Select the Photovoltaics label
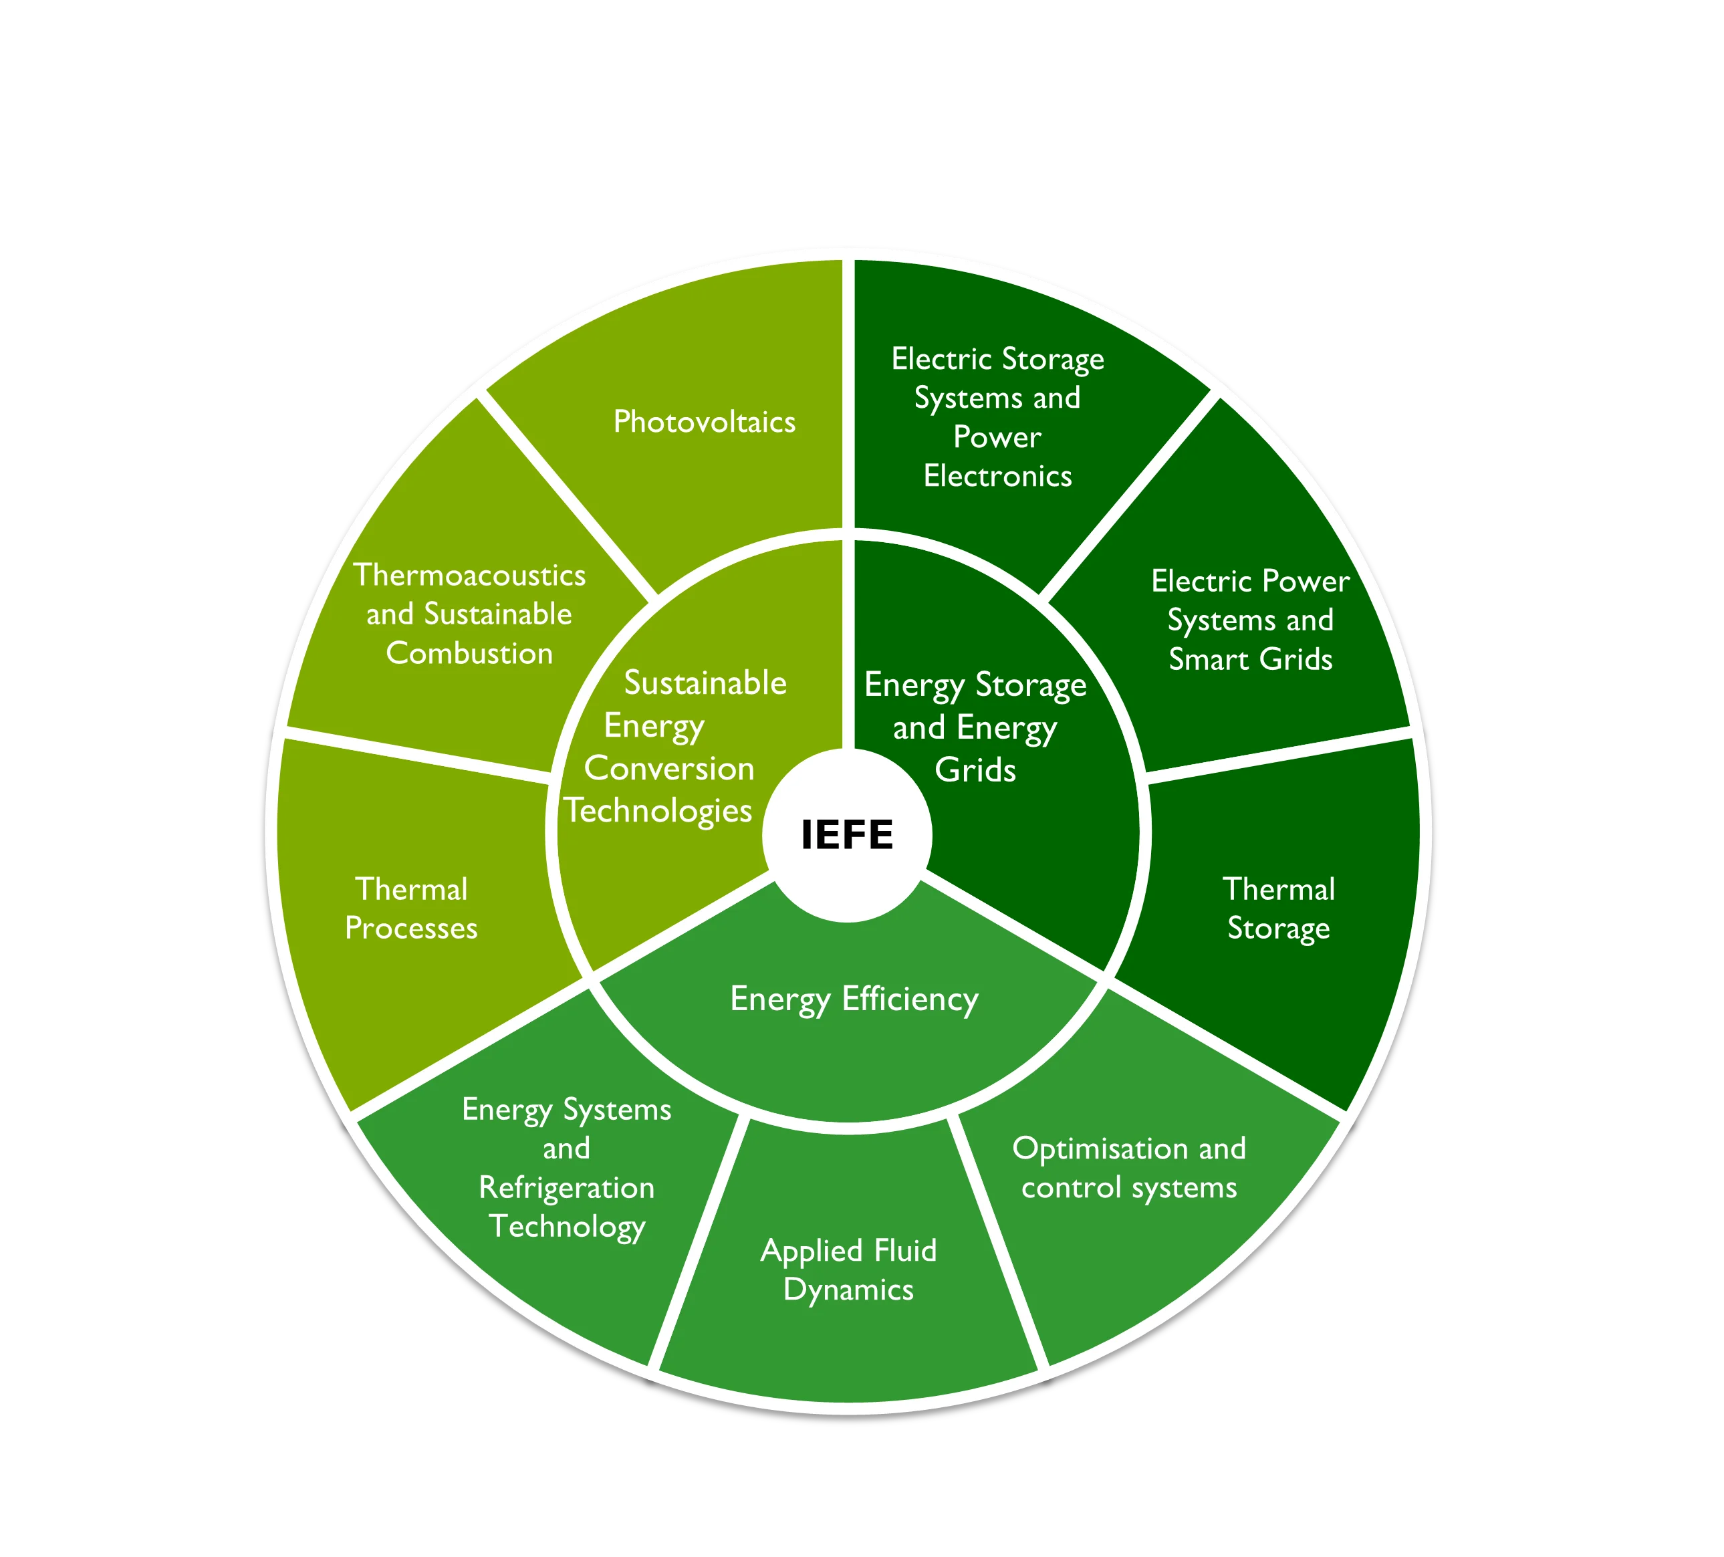click(x=704, y=422)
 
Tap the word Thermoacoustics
click(x=469, y=574)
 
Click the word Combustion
click(x=469, y=653)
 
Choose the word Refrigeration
click(x=566, y=1187)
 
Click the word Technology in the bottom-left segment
click(x=566, y=1227)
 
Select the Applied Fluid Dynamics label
click(x=848, y=1270)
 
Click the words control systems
click(x=1129, y=1187)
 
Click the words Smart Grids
click(x=1250, y=659)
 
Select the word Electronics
click(x=997, y=476)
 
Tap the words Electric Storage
click(x=997, y=359)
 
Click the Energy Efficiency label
click(x=854, y=999)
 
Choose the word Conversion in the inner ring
click(x=668, y=769)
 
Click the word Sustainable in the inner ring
click(x=705, y=683)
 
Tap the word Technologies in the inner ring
click(x=658, y=810)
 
